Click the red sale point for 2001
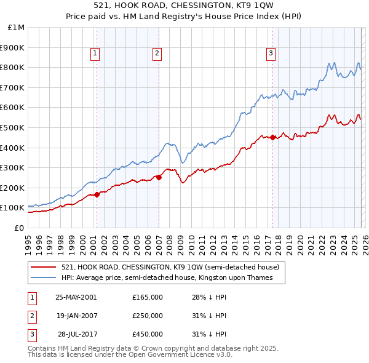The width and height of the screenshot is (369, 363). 97,195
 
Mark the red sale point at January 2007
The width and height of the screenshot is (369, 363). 159,178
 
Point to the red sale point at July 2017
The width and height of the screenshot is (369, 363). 273,138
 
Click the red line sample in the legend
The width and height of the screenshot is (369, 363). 44,267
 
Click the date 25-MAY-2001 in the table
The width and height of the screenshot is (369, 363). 76,297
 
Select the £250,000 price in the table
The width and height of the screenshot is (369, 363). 147,316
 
